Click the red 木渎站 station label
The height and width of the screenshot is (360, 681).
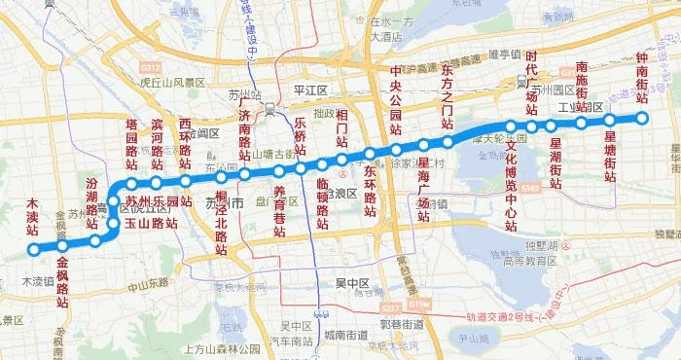point(32,219)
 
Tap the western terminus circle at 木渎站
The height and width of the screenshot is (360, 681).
point(34,249)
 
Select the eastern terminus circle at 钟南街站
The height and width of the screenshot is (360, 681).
point(641,119)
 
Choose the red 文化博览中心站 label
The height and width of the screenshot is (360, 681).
point(511,185)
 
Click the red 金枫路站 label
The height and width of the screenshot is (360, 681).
point(62,281)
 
